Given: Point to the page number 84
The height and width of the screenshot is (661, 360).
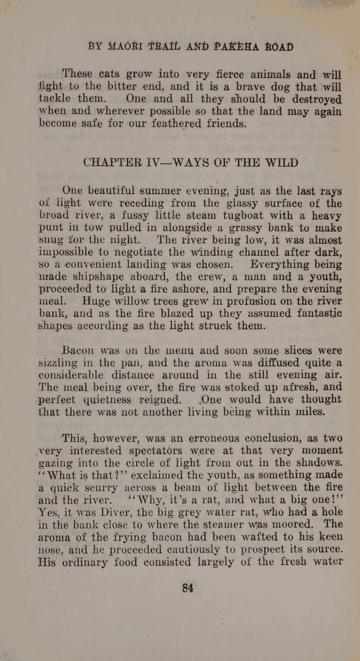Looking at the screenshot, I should [187, 588].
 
